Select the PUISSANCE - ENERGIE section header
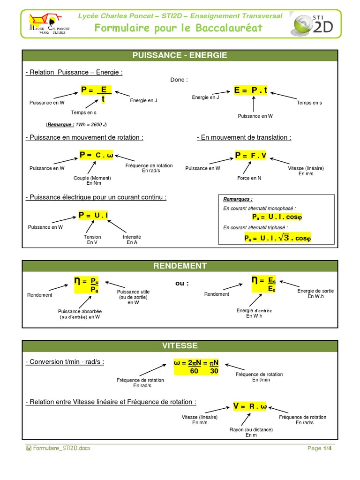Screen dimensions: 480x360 coord(180,55)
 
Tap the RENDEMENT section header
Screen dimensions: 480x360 coord(180,266)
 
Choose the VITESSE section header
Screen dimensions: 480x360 coord(180,346)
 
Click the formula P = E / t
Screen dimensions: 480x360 coord(96,94)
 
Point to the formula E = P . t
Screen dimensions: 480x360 coord(251,90)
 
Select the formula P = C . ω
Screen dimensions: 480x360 coord(96,155)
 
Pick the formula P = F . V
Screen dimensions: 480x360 coord(251,155)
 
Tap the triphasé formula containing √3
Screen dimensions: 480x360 coord(277,238)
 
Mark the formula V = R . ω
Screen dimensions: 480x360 coord(250,406)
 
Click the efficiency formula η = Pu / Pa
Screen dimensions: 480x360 coord(90,285)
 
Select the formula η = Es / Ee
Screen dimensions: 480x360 coord(264,284)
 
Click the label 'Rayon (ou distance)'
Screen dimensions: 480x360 coord(251,429)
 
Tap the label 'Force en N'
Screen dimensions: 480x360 coord(249,178)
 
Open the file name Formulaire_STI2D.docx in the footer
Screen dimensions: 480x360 coord(61,448)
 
